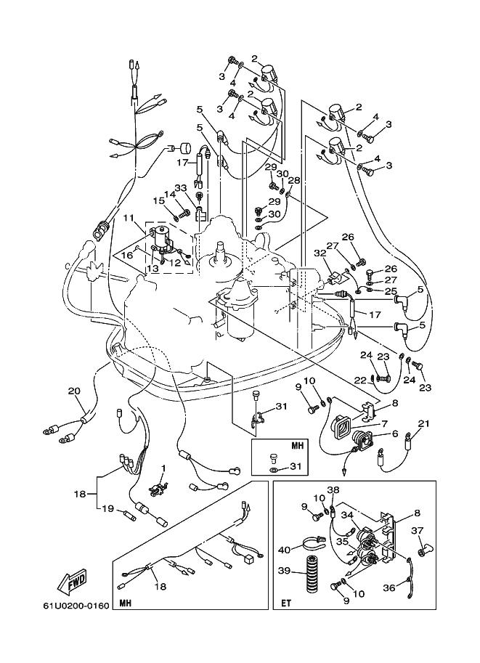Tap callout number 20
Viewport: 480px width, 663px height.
(x=74, y=391)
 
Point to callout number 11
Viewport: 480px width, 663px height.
(x=129, y=219)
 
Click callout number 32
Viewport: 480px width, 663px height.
(x=319, y=254)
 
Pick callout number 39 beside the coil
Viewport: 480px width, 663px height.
(x=284, y=570)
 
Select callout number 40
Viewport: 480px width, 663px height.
(x=285, y=550)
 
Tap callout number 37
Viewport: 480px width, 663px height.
(x=418, y=531)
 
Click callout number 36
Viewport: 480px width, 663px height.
(x=389, y=587)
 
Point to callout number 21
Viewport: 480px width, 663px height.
(x=423, y=423)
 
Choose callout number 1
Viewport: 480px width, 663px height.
(x=163, y=468)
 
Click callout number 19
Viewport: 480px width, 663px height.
(x=108, y=508)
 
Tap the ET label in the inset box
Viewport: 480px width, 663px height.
(x=286, y=603)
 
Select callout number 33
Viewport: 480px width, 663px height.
(x=180, y=188)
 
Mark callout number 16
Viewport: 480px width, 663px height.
(x=127, y=255)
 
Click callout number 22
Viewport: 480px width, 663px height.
(x=360, y=381)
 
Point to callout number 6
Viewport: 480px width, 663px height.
(x=394, y=434)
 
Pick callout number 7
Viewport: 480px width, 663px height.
(x=384, y=423)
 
